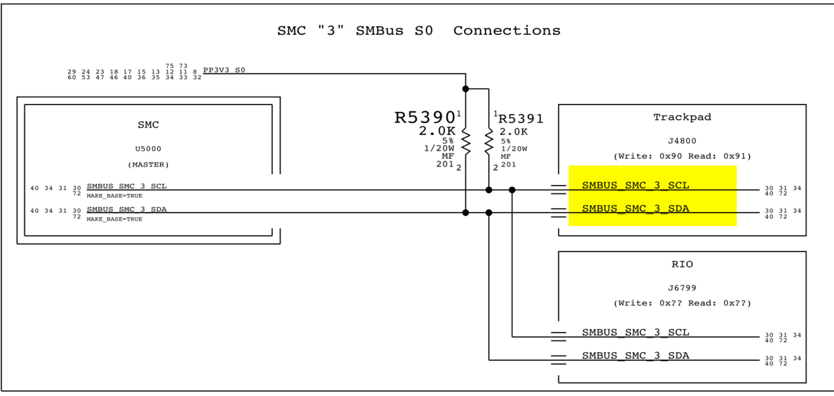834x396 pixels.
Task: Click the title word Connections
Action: (507, 30)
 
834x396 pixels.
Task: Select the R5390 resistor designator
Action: (425, 117)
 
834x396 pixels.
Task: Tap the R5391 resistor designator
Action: (521, 119)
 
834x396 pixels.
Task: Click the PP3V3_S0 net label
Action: (224, 70)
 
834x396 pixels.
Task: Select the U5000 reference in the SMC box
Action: (148, 149)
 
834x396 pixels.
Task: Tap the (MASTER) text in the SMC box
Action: (148, 165)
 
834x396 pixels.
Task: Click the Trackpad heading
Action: (682, 117)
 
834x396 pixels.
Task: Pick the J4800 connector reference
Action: (682, 141)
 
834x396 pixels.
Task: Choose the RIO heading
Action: (682, 264)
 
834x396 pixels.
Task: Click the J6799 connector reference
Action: (682, 288)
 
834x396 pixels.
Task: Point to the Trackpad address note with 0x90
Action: (682, 156)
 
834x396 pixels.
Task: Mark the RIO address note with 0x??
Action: (682, 303)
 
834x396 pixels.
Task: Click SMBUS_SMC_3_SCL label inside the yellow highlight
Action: (635, 185)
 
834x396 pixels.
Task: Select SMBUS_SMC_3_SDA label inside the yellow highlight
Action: (635, 209)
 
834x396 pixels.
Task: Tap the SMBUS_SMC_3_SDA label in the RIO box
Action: (635, 355)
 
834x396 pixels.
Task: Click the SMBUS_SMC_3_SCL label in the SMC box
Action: (126, 186)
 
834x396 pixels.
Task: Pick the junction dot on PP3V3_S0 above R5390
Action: (466, 89)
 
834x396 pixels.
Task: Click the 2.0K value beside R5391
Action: (513, 132)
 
